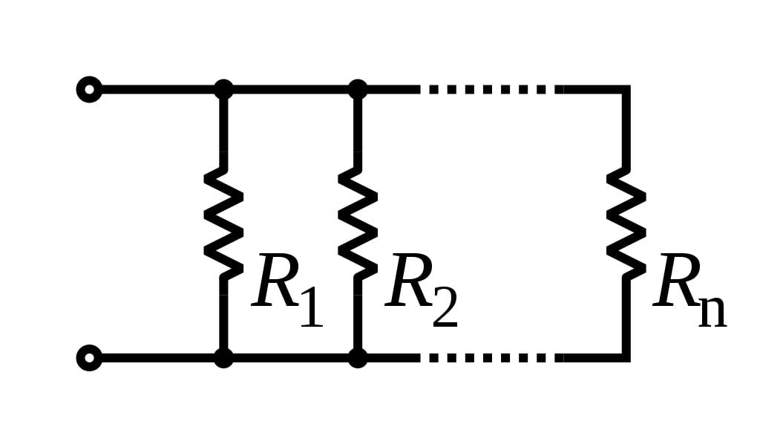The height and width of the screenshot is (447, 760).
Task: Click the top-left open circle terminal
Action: pos(89,90)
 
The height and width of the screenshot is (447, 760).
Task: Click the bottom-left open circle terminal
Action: pos(89,357)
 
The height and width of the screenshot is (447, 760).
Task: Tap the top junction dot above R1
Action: pos(223,90)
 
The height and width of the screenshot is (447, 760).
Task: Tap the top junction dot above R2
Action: pos(358,90)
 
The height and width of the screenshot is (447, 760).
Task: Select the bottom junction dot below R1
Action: pos(223,357)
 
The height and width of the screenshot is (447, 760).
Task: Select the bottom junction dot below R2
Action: pos(358,357)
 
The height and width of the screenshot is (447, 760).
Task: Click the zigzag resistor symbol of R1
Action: pos(223,223)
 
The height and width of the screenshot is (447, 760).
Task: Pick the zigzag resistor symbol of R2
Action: pos(358,223)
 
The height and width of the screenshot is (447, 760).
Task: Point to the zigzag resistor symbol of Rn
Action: pos(626,223)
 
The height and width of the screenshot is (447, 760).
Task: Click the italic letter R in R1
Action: pos(276,282)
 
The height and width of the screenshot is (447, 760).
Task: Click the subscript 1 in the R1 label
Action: pos(312,306)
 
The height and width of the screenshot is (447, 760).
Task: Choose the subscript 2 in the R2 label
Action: pos(445,306)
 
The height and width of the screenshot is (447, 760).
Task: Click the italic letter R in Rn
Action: pos(678,282)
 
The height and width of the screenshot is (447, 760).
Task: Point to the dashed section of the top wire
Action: pos(490,90)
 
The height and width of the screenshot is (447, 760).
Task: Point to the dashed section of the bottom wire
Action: pos(490,357)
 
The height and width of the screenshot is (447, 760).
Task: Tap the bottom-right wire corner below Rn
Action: pos(626,357)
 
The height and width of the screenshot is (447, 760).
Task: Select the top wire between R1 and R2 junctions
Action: pos(290,90)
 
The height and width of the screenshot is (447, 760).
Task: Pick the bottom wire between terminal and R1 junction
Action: pos(156,357)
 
